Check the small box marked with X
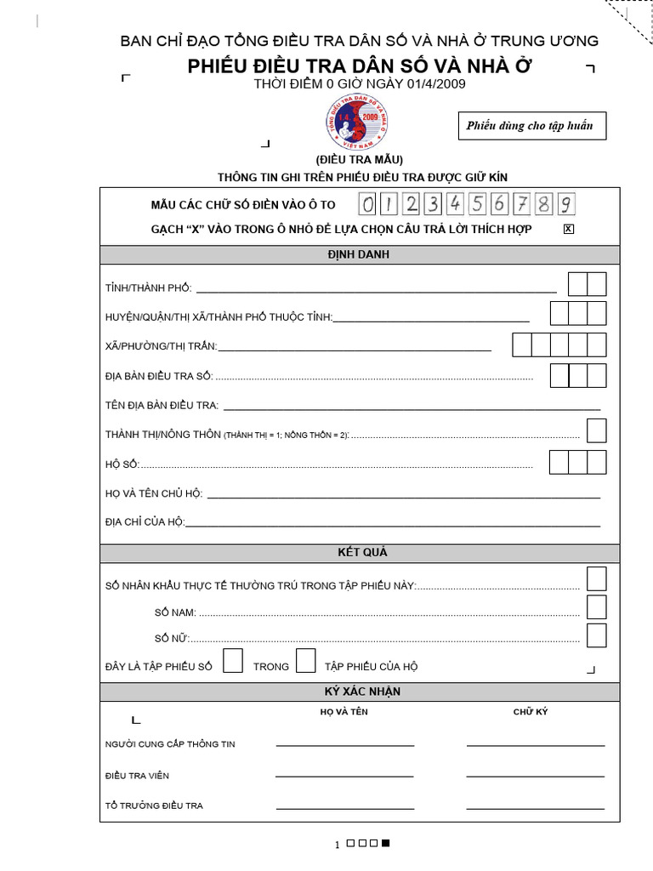pos(569,229)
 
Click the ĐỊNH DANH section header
pos(359,254)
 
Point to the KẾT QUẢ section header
pos(359,553)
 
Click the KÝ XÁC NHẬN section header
pos(359,692)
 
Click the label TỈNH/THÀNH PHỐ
pos(149,289)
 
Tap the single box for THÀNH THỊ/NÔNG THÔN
pos(596,431)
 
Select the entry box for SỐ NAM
pos(596,607)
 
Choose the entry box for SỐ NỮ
pos(596,635)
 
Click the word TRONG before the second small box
pos(271,667)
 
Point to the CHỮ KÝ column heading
pos(531,712)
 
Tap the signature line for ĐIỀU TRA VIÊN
pos(535,776)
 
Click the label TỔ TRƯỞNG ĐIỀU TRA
pos(154,806)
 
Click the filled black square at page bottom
pos(385,844)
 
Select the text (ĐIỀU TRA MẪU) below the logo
pos(359,160)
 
